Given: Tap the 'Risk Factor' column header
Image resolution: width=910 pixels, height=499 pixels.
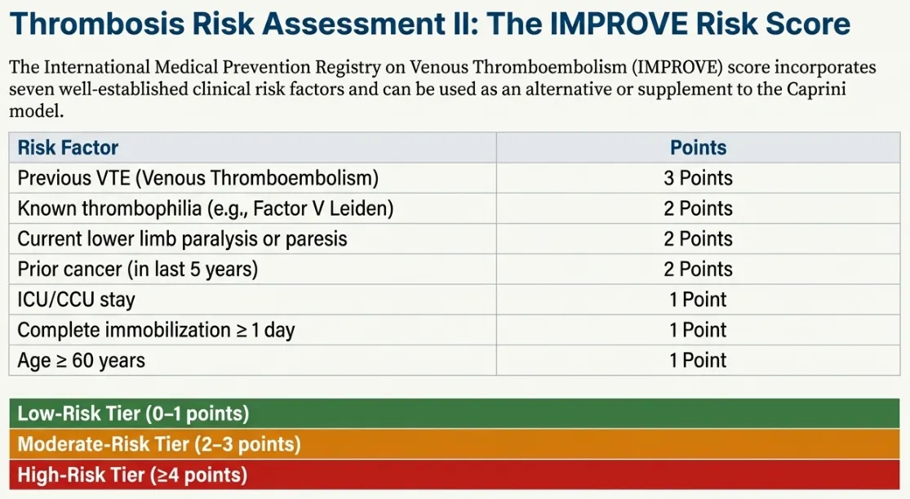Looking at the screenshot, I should pos(68,148).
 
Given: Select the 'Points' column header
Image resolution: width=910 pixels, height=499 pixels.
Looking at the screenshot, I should pos(698,148).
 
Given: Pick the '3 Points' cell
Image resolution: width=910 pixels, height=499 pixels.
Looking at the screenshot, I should pos(698,178).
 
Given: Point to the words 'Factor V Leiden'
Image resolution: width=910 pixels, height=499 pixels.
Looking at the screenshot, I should pos(322,208).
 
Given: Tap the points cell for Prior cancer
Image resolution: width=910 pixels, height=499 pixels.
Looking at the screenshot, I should pos(698,269).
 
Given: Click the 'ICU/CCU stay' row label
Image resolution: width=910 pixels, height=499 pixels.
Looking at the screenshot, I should pos(76,300).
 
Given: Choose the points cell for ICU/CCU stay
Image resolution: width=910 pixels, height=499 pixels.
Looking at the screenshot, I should pos(698,300).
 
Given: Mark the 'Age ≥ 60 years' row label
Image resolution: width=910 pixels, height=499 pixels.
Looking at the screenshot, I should pos(81,360).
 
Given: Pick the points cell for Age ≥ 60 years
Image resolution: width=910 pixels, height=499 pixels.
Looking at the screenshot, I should pos(698,360).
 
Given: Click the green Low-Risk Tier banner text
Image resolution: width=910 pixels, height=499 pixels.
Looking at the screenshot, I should pos(133,413).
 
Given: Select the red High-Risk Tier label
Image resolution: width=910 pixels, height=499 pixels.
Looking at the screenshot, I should pos(132,474).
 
